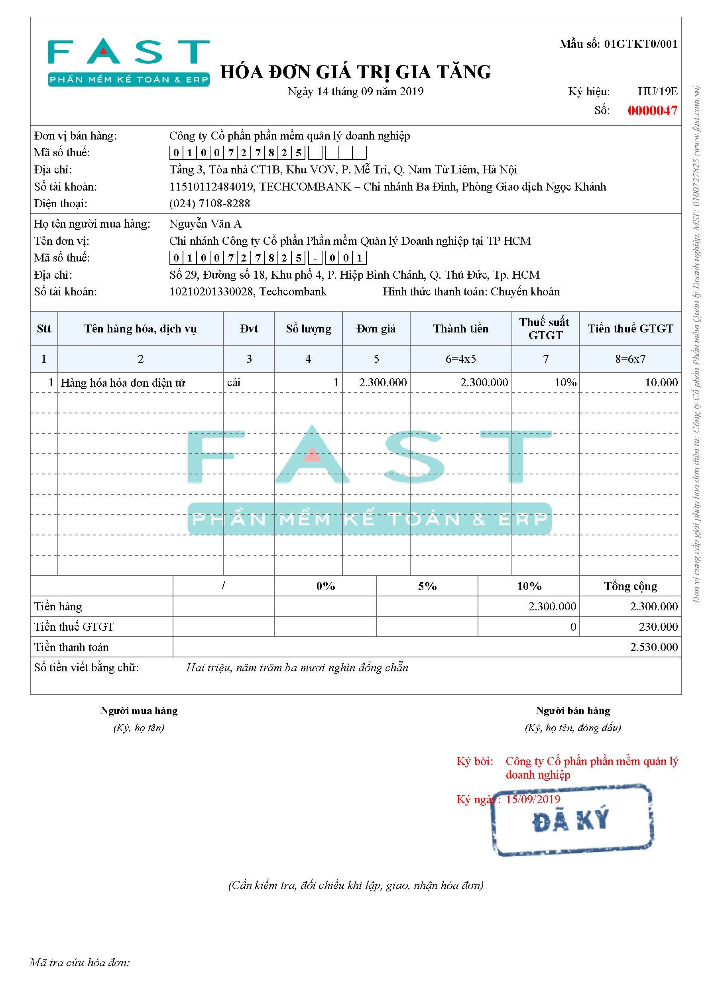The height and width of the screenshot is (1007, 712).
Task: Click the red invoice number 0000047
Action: [652, 110]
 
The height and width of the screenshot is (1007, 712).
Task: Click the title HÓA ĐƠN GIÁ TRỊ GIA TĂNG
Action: [355, 72]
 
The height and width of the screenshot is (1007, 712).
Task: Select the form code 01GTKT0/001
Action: [641, 44]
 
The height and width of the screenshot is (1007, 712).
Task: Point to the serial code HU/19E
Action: [657, 92]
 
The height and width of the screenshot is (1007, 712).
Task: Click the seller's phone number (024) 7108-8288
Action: [210, 203]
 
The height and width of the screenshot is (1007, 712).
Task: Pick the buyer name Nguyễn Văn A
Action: [205, 224]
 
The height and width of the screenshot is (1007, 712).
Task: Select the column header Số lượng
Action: [308, 328]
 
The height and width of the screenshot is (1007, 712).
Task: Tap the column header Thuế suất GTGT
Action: [545, 328]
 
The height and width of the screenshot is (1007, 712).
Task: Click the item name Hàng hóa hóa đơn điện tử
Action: [123, 383]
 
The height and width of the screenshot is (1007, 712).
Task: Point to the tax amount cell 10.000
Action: [661, 382]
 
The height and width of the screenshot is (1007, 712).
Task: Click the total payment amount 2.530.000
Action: [654, 647]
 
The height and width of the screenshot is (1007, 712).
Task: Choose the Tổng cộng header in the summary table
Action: [630, 586]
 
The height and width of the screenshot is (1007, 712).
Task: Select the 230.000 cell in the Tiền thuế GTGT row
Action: [658, 627]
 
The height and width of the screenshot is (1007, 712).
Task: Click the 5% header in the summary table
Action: [427, 586]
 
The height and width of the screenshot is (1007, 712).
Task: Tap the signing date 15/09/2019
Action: [533, 799]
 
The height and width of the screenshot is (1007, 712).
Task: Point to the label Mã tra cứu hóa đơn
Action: [80, 963]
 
